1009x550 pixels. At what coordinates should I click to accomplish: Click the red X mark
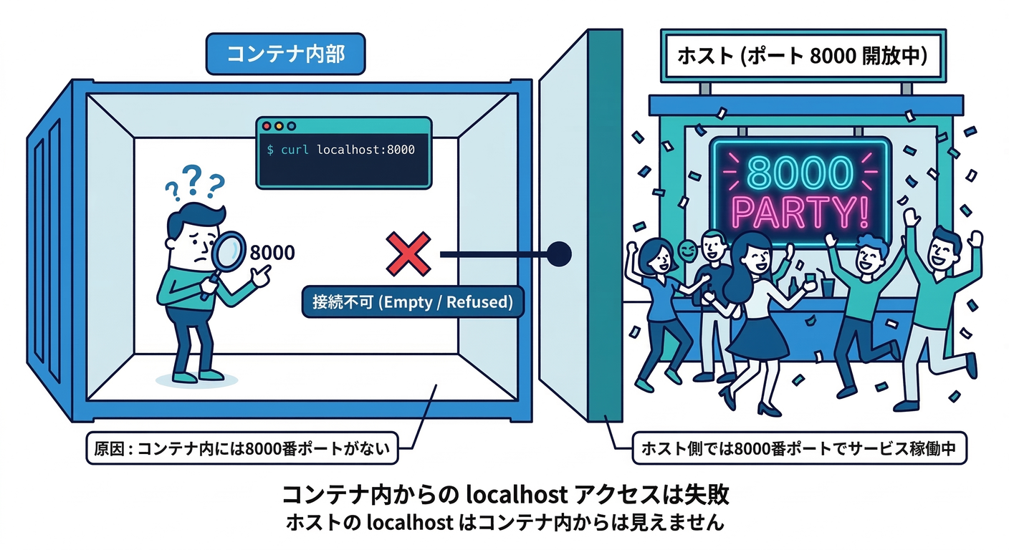[x=408, y=254]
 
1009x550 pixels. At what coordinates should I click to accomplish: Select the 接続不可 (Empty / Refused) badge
[x=413, y=302]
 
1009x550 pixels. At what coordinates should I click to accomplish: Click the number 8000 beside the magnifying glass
[x=272, y=253]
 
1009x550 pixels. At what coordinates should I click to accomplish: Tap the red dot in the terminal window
[x=267, y=126]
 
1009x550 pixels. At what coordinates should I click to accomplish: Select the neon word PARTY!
[x=800, y=213]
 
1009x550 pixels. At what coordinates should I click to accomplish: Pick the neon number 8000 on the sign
[x=800, y=173]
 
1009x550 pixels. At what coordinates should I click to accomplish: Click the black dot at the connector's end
[x=559, y=253]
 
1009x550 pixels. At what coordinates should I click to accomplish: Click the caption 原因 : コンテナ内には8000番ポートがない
[x=242, y=449]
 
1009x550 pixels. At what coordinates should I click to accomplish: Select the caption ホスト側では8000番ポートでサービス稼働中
[x=800, y=449]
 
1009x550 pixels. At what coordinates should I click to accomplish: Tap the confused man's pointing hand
[x=259, y=273]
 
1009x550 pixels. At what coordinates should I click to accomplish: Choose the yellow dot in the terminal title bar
[x=279, y=126]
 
